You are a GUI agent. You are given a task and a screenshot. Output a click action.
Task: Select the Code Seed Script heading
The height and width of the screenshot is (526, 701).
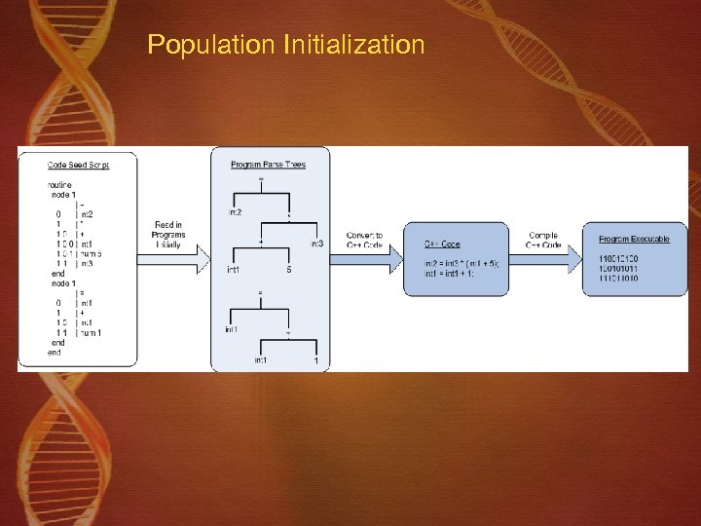[78, 165]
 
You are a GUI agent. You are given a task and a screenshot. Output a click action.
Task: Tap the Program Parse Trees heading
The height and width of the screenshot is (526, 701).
[268, 165]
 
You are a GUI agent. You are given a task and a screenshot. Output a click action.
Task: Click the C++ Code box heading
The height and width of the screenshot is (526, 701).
[443, 244]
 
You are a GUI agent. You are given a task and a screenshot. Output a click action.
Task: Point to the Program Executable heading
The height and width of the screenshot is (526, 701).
[634, 240]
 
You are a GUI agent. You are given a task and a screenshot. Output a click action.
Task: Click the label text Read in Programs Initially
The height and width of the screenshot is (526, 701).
[167, 235]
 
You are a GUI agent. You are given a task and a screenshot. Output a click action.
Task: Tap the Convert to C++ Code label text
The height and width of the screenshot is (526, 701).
[364, 240]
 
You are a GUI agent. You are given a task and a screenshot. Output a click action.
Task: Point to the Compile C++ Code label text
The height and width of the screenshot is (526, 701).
[542, 240]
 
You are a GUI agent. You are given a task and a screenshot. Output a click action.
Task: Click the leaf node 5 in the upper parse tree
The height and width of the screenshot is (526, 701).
[288, 270]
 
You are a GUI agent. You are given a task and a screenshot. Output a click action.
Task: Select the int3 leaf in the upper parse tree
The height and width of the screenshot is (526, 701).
[317, 244]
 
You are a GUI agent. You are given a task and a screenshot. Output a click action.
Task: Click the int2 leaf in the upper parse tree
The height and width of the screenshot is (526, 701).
[236, 211]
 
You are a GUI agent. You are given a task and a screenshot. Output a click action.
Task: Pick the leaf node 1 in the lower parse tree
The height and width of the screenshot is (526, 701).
[315, 361]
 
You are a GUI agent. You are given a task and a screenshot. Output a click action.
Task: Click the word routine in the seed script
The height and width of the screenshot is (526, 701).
[59, 184]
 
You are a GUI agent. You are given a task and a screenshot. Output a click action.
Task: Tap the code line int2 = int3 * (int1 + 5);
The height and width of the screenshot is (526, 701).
[461, 264]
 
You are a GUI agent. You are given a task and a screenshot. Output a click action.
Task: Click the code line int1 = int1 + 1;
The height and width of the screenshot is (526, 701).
[450, 273]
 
